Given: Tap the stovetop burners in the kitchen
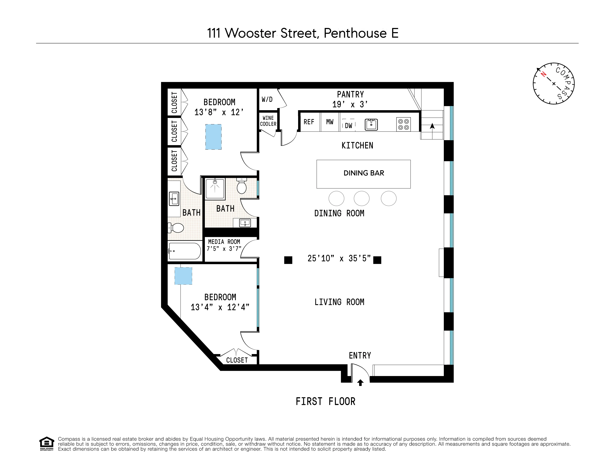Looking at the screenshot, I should click(x=403, y=124).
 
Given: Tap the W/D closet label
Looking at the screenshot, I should click(x=267, y=99).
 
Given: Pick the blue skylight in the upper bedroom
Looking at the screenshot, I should click(x=213, y=137).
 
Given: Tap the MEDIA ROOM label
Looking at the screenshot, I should click(x=224, y=245).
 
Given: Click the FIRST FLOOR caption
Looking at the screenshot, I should click(x=325, y=402).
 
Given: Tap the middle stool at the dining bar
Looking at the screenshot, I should click(x=362, y=199).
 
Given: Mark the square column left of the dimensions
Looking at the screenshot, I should click(x=288, y=260).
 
